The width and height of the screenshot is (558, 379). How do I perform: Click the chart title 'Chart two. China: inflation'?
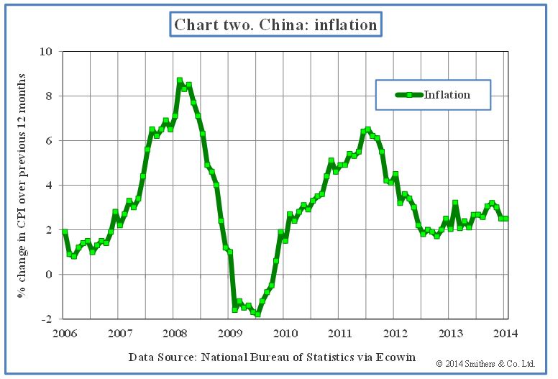click(x=276, y=24)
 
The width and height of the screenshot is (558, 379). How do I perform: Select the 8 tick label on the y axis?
click(x=48, y=96)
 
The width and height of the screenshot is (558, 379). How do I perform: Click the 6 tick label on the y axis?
click(x=48, y=141)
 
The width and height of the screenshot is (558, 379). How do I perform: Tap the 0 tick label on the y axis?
click(x=48, y=275)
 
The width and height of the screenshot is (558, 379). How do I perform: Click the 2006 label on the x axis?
click(x=64, y=333)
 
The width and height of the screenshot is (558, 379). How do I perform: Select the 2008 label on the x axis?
click(x=176, y=333)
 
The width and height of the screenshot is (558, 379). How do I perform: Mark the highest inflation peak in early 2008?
click(x=180, y=81)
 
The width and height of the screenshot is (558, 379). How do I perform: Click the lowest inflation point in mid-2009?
click(x=257, y=314)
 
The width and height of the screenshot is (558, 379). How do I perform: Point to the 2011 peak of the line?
click(x=367, y=130)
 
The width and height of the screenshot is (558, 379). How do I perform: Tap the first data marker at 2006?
click(x=65, y=232)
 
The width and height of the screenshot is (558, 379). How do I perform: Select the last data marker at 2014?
click(x=506, y=219)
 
